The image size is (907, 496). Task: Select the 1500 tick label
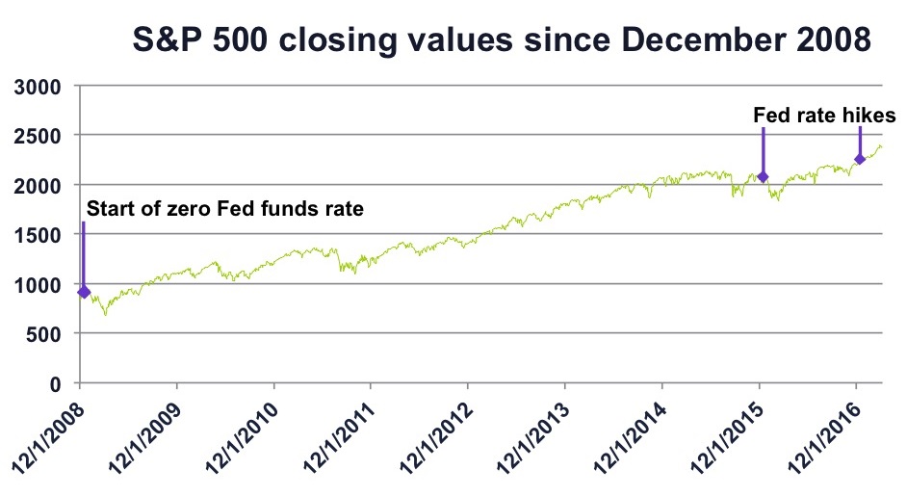[x=40, y=234]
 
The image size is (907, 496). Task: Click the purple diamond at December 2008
[x=84, y=291]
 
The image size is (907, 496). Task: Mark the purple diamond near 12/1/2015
[x=763, y=176]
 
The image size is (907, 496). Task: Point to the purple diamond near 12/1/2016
[x=860, y=159]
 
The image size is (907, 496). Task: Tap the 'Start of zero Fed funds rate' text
[x=225, y=208]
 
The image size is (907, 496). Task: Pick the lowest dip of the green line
[x=105, y=314]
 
